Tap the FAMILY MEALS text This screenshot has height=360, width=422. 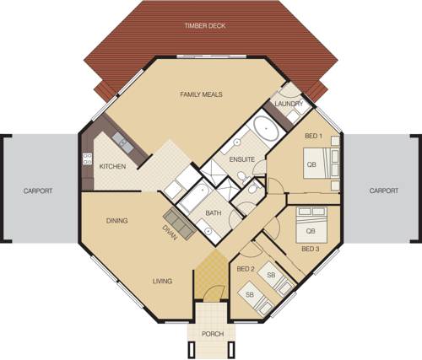coord(202,94)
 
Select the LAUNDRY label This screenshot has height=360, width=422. coord(289,104)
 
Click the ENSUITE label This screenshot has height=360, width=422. coord(229,160)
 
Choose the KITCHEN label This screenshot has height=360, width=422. coord(113,166)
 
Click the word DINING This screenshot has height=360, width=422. coord(117,221)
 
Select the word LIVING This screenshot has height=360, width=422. coord(163,281)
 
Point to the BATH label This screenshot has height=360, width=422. coord(214,213)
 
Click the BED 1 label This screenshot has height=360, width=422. coord(313,134)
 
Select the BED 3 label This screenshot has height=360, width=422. coord(310,250)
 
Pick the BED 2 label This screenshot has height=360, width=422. coord(246,268)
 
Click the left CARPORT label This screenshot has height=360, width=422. coord(38,191)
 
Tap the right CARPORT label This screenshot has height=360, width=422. coord(384,191)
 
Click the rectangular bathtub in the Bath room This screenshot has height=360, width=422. coord(189,201)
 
